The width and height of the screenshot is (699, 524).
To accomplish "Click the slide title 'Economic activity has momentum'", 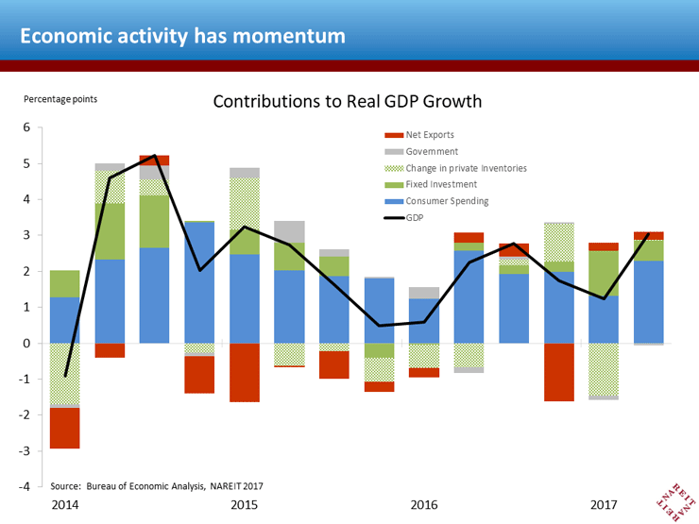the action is [182, 36].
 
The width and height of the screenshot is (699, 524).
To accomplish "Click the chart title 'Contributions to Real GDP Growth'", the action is [348, 102].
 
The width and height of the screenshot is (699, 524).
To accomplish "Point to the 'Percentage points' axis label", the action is [60, 99].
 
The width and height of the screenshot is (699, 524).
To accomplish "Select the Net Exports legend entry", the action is [419, 135].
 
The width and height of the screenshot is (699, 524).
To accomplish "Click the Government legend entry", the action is [421, 151].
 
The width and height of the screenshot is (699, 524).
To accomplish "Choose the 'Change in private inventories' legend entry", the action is [455, 168].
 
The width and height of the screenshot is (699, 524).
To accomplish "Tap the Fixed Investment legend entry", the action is [431, 184].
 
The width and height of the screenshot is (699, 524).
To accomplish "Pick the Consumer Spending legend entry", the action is [436, 201].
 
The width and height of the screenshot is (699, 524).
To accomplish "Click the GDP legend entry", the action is [404, 218].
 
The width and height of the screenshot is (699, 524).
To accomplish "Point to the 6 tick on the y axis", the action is [26, 127].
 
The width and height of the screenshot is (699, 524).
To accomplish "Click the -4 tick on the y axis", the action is [24, 486].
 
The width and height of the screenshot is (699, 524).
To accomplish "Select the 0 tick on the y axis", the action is [26, 343].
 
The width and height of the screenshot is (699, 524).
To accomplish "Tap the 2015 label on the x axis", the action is [244, 505].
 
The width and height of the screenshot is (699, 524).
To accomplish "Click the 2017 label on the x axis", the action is [604, 505].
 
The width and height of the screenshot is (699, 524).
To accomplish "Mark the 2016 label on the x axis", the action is [424, 505].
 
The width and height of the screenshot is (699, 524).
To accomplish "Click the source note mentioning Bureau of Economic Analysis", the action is [157, 486].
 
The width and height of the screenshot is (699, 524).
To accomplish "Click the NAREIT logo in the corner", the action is [676, 501].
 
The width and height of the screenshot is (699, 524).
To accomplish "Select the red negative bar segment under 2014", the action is [64, 429].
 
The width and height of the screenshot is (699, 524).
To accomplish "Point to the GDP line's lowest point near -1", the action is [65, 376].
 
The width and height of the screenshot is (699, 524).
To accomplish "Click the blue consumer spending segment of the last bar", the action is [649, 302].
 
